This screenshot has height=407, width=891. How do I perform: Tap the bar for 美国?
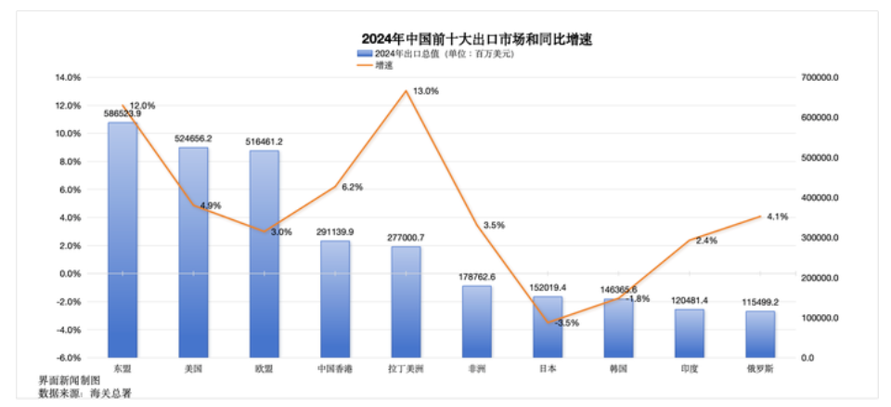click(193, 251)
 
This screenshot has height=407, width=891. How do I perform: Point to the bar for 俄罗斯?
click(760, 334)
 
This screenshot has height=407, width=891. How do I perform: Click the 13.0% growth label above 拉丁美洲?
click(426, 91)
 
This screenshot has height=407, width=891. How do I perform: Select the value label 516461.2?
click(264, 141)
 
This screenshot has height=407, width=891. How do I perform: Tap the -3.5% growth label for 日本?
click(566, 323)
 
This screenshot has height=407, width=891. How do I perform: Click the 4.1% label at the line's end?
click(777, 217)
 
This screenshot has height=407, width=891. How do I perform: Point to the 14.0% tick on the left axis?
click(68, 78)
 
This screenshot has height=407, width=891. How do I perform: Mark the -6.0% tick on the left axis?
click(68, 358)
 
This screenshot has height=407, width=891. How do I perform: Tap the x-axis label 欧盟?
click(264, 369)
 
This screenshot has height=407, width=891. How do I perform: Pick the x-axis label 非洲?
click(477, 369)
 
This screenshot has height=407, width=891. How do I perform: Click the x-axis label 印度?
click(690, 369)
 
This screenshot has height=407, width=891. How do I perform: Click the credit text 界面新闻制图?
click(68, 381)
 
